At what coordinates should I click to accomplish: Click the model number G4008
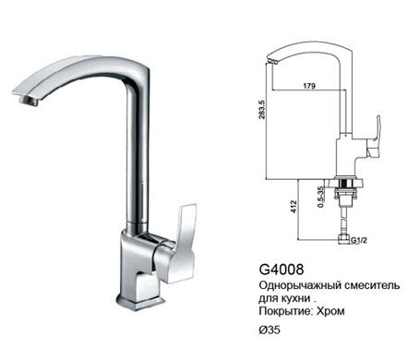tap(282, 270)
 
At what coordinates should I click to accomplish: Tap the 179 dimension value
tap(309, 86)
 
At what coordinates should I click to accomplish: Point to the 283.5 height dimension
tap(261, 110)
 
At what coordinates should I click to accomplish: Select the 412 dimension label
tap(294, 207)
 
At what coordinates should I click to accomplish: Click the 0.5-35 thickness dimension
tap(321, 197)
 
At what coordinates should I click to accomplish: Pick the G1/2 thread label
tap(359, 240)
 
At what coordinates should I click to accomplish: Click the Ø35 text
tap(270, 330)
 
